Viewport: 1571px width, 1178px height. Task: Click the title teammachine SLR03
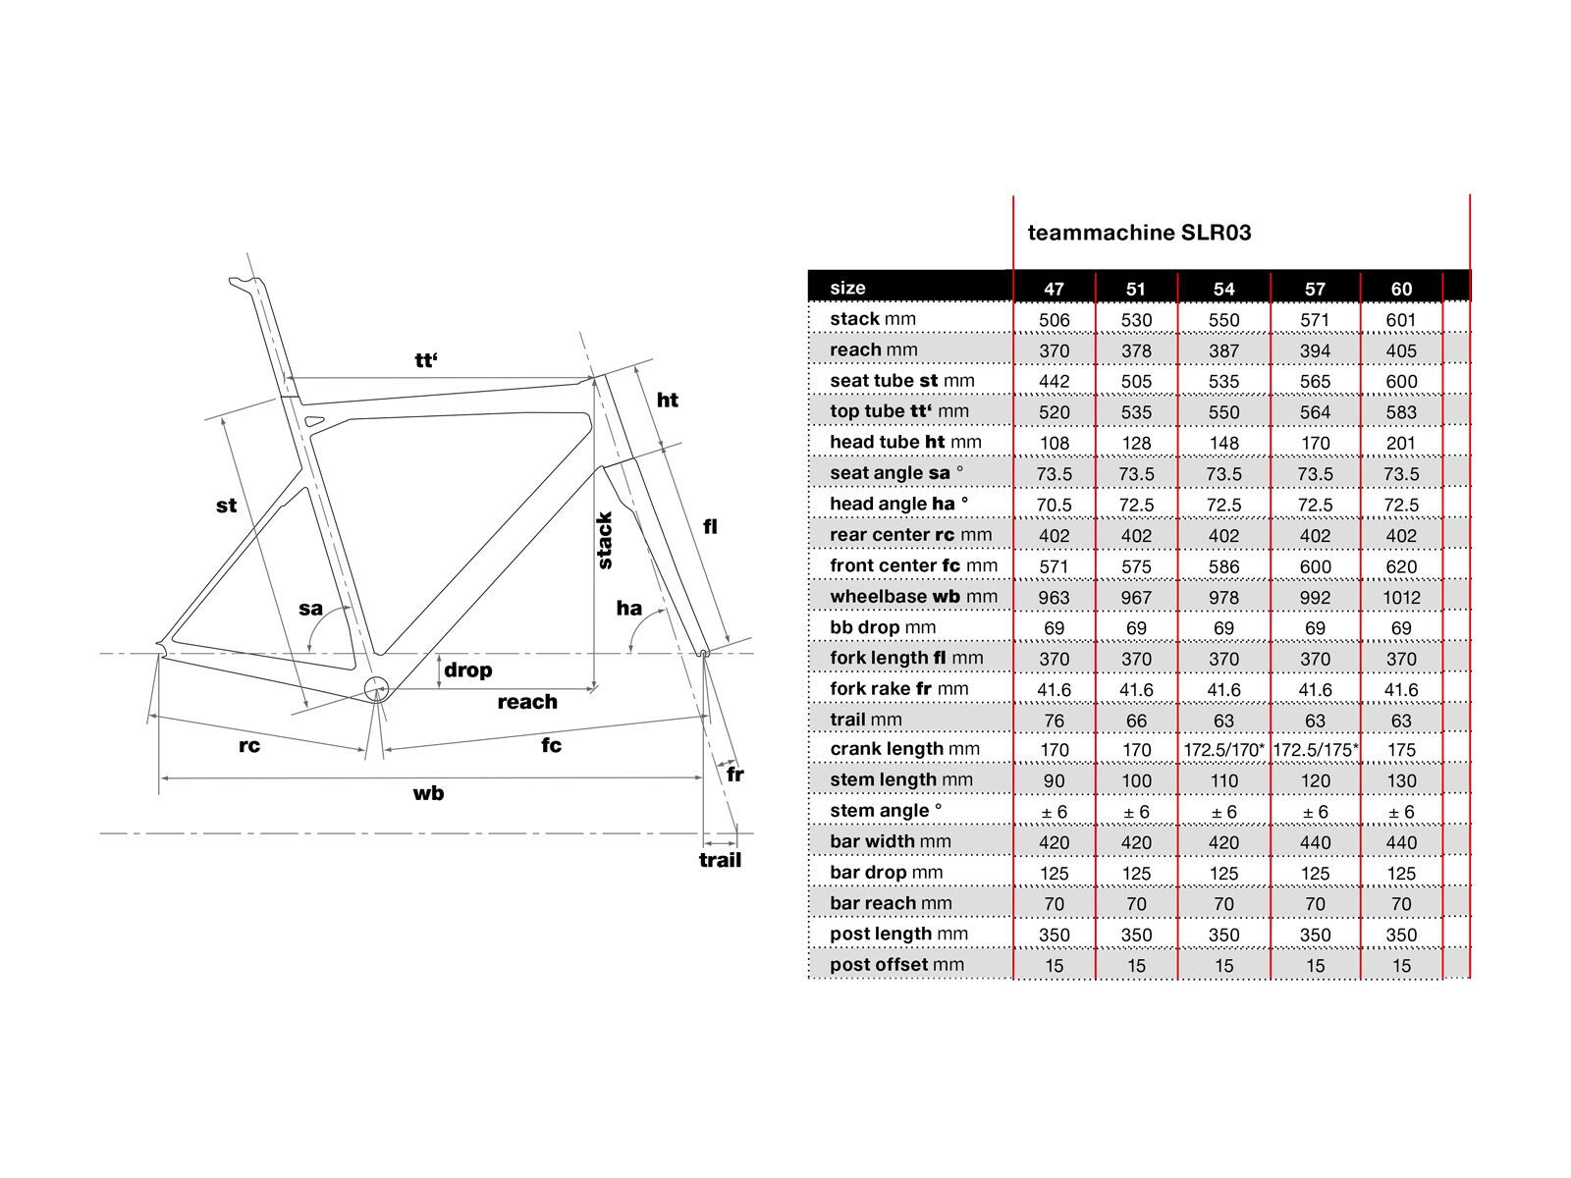(x=1139, y=233)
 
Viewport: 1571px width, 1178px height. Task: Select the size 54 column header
(x=1223, y=289)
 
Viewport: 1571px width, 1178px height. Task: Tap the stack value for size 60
(x=1401, y=320)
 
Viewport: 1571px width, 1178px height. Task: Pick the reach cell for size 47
(x=1054, y=351)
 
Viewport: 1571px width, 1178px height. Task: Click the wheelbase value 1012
(x=1401, y=598)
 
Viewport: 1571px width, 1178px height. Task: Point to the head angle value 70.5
(x=1054, y=506)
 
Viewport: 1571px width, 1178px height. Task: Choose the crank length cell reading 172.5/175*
(x=1316, y=750)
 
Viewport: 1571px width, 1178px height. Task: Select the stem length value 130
(x=1401, y=781)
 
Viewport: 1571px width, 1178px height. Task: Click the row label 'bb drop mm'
(x=883, y=627)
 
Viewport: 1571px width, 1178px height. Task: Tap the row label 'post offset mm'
(x=896, y=965)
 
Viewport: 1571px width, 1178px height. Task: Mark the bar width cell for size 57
(x=1316, y=843)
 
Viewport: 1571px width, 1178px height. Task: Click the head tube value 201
(x=1401, y=444)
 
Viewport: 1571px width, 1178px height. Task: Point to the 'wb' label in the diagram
(x=428, y=793)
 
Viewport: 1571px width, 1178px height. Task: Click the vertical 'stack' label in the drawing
(x=605, y=540)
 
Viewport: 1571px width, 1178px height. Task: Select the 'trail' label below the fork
(x=720, y=861)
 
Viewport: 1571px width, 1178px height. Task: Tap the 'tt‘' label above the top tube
(x=425, y=360)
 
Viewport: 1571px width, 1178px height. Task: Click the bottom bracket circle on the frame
(x=377, y=689)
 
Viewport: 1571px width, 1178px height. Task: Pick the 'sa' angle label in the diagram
(x=310, y=609)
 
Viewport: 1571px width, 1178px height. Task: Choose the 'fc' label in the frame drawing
(x=551, y=745)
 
